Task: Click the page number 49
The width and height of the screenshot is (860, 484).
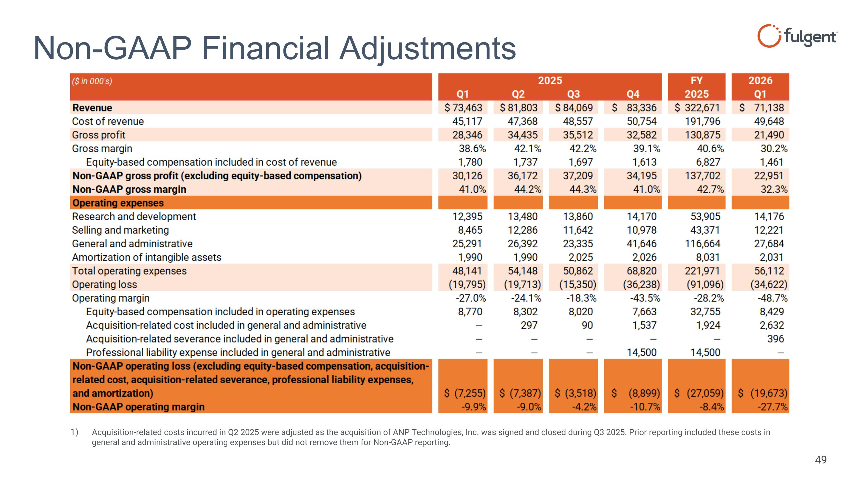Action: click(x=821, y=460)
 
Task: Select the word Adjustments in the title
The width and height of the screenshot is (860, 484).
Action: click(x=428, y=48)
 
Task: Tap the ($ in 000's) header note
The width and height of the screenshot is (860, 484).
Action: click(x=92, y=81)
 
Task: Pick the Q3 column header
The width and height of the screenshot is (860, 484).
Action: click(x=574, y=94)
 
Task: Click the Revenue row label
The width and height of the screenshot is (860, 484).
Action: click(x=92, y=108)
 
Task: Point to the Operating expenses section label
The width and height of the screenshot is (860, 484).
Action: click(x=118, y=203)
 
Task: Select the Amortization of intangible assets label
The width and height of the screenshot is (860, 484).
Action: click(x=146, y=257)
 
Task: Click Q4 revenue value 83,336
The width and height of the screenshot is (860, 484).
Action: click(x=642, y=108)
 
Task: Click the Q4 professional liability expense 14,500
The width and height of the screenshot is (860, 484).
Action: click(x=642, y=352)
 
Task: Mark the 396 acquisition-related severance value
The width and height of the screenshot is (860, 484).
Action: click(x=775, y=339)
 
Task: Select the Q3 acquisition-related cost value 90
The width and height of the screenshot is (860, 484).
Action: click(x=587, y=325)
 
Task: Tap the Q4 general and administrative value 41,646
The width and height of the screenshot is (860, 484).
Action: click(x=642, y=244)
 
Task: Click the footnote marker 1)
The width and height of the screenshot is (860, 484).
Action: click(x=74, y=432)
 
